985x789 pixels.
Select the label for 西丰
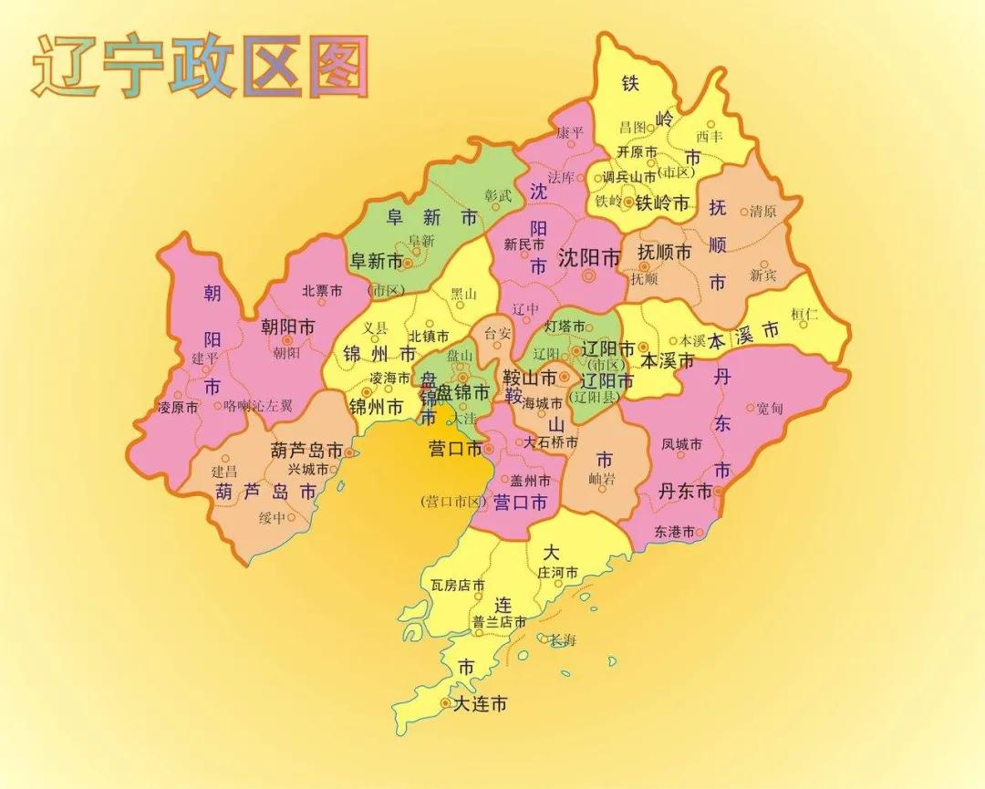[x=709, y=137]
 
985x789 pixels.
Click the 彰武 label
[x=498, y=194]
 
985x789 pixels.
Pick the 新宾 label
[x=763, y=275]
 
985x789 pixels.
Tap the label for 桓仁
[x=805, y=314]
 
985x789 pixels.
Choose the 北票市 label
[x=322, y=291]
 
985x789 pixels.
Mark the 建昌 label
[x=224, y=472]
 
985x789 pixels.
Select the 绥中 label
[x=272, y=517]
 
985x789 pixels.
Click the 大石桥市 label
[x=551, y=442]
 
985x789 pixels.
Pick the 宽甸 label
[x=769, y=408]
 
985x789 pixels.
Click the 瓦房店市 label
[x=457, y=585]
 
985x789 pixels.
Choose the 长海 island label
[x=562, y=640]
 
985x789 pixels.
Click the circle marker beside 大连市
[x=445, y=703]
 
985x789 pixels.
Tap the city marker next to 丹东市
[x=719, y=491]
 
